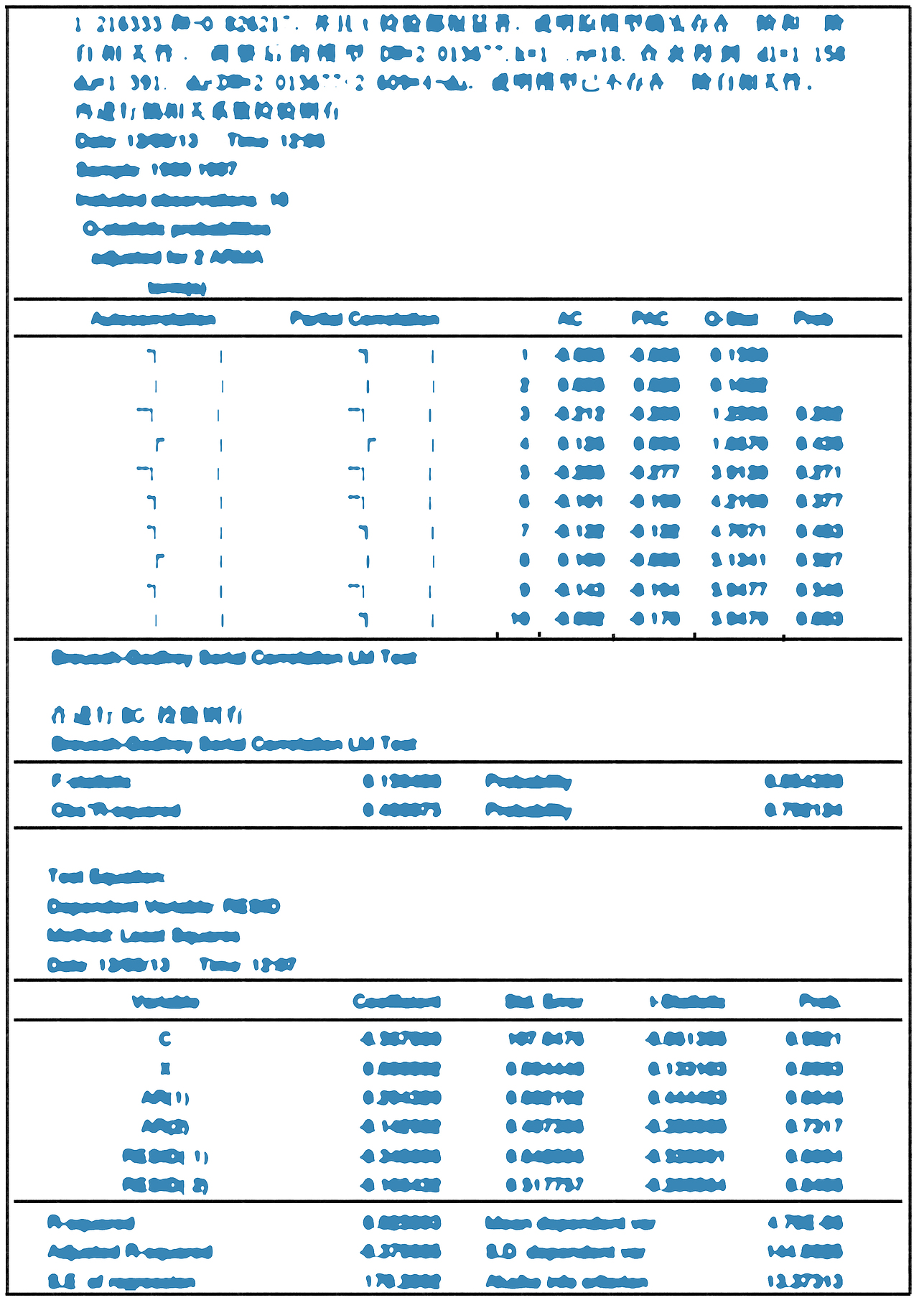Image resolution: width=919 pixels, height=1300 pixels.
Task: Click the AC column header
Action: [570, 319]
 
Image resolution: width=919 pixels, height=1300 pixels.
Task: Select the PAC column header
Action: [650, 319]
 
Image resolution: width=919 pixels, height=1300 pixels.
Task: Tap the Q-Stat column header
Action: [732, 319]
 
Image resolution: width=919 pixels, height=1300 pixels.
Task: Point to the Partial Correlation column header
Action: [365, 319]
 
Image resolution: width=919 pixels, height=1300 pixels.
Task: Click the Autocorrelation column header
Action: [154, 319]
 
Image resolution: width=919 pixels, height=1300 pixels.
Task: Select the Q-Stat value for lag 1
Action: [740, 355]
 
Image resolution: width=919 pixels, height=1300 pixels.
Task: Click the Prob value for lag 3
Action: [819, 414]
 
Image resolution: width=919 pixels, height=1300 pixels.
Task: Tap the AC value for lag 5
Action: [580, 473]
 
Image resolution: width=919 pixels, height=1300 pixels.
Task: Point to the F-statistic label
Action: [91, 781]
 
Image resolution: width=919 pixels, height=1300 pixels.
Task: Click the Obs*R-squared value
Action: [402, 810]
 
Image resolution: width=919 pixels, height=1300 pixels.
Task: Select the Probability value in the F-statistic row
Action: [803, 781]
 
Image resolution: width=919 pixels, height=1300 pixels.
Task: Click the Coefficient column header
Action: [397, 1001]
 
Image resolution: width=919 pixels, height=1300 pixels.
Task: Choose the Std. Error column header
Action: [544, 1001]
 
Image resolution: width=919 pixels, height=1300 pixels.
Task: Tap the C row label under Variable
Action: [165, 1039]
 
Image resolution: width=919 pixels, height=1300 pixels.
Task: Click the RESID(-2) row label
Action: [165, 1185]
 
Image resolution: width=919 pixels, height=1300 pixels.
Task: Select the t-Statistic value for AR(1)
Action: [687, 1098]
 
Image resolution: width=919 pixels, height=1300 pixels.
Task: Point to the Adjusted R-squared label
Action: [130, 1252]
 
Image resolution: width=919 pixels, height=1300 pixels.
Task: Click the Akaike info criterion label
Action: [566, 1281]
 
